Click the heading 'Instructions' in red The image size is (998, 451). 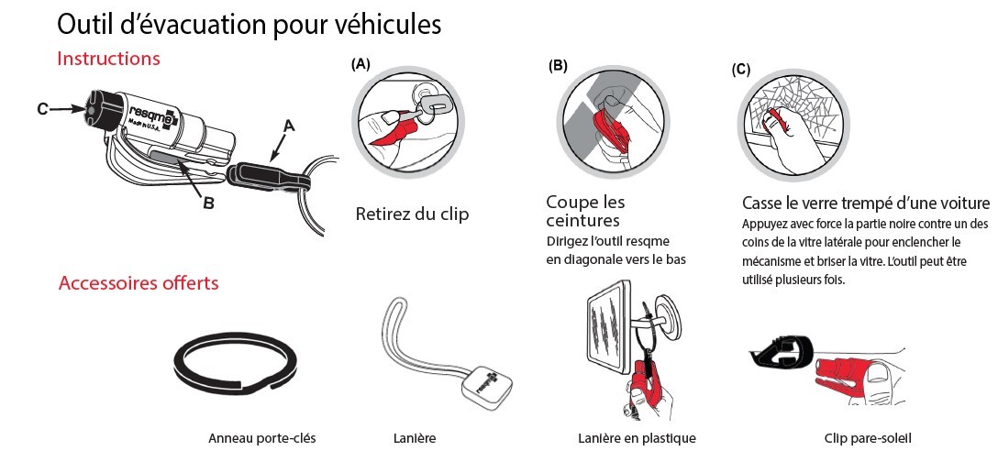click(x=108, y=59)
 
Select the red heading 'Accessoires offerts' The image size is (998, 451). click(x=139, y=282)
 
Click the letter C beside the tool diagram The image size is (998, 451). click(x=43, y=109)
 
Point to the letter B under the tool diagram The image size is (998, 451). click(x=208, y=203)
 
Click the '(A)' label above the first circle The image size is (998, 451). click(x=360, y=64)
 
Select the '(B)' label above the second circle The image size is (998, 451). click(x=558, y=66)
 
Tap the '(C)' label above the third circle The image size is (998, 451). click(x=741, y=70)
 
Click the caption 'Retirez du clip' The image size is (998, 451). click(x=412, y=214)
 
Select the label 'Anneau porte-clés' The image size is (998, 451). click(x=262, y=438)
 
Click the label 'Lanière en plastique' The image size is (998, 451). click(x=637, y=438)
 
